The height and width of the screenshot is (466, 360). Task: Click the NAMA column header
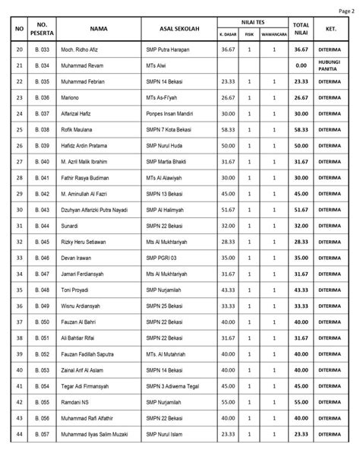(97, 28)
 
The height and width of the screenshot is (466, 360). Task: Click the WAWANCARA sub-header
(273, 34)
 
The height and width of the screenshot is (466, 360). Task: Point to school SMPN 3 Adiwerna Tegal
(178, 385)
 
